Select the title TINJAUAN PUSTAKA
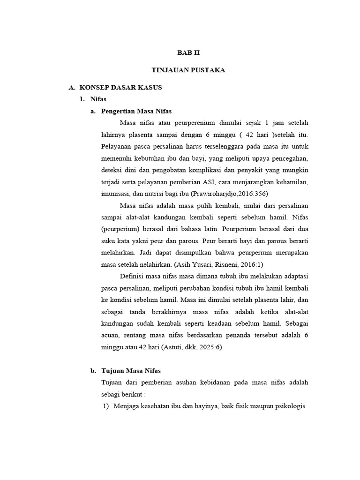(x=188, y=70)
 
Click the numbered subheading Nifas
(x=97, y=99)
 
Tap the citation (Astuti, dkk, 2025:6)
(x=191, y=347)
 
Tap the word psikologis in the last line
(x=290, y=406)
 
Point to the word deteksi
(x=112, y=170)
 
